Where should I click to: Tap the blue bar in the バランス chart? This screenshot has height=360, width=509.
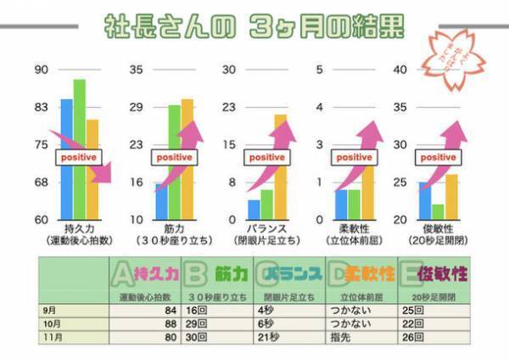[x=254, y=209]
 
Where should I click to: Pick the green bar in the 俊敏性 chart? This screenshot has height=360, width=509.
[x=438, y=211]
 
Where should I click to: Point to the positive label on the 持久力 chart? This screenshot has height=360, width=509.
[x=79, y=157]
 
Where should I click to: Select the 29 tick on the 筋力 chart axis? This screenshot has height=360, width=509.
[x=136, y=107]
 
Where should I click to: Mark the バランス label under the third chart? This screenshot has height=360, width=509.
[x=267, y=229]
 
